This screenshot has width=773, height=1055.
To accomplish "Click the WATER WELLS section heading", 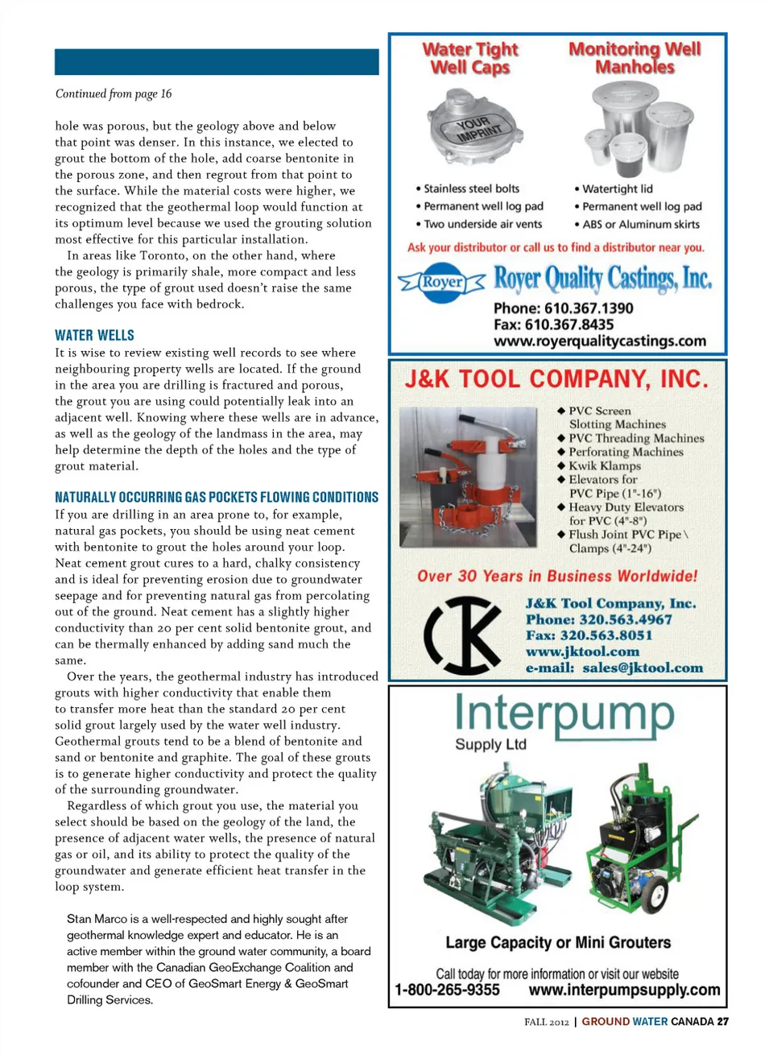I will pos(94,335).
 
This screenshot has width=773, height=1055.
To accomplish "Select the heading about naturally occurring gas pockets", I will pos(216,497).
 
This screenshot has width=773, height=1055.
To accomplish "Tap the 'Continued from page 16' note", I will pos(114,93).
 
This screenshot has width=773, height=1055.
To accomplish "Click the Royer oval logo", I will pos(442,283).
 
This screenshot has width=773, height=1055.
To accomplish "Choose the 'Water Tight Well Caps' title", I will pos(470,58).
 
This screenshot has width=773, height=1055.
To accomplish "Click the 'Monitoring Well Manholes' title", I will pos(635,57).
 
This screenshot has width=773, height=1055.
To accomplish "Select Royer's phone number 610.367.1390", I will pos(563,308).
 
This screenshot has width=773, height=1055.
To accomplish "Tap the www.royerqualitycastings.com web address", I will pos(600,341).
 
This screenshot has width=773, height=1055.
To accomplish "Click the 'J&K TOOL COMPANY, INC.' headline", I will pos(556,379).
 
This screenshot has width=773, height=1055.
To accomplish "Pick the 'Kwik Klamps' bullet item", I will pos(604,465).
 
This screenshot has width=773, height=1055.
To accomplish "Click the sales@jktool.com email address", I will pos(642,667).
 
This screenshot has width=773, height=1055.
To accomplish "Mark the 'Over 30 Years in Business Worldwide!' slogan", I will pos(557,576).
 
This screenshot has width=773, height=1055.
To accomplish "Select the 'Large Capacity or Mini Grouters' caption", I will pos(558,942).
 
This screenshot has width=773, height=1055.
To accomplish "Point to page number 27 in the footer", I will pos(723,1021).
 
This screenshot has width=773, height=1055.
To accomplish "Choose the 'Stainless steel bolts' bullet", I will pos(471,188).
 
